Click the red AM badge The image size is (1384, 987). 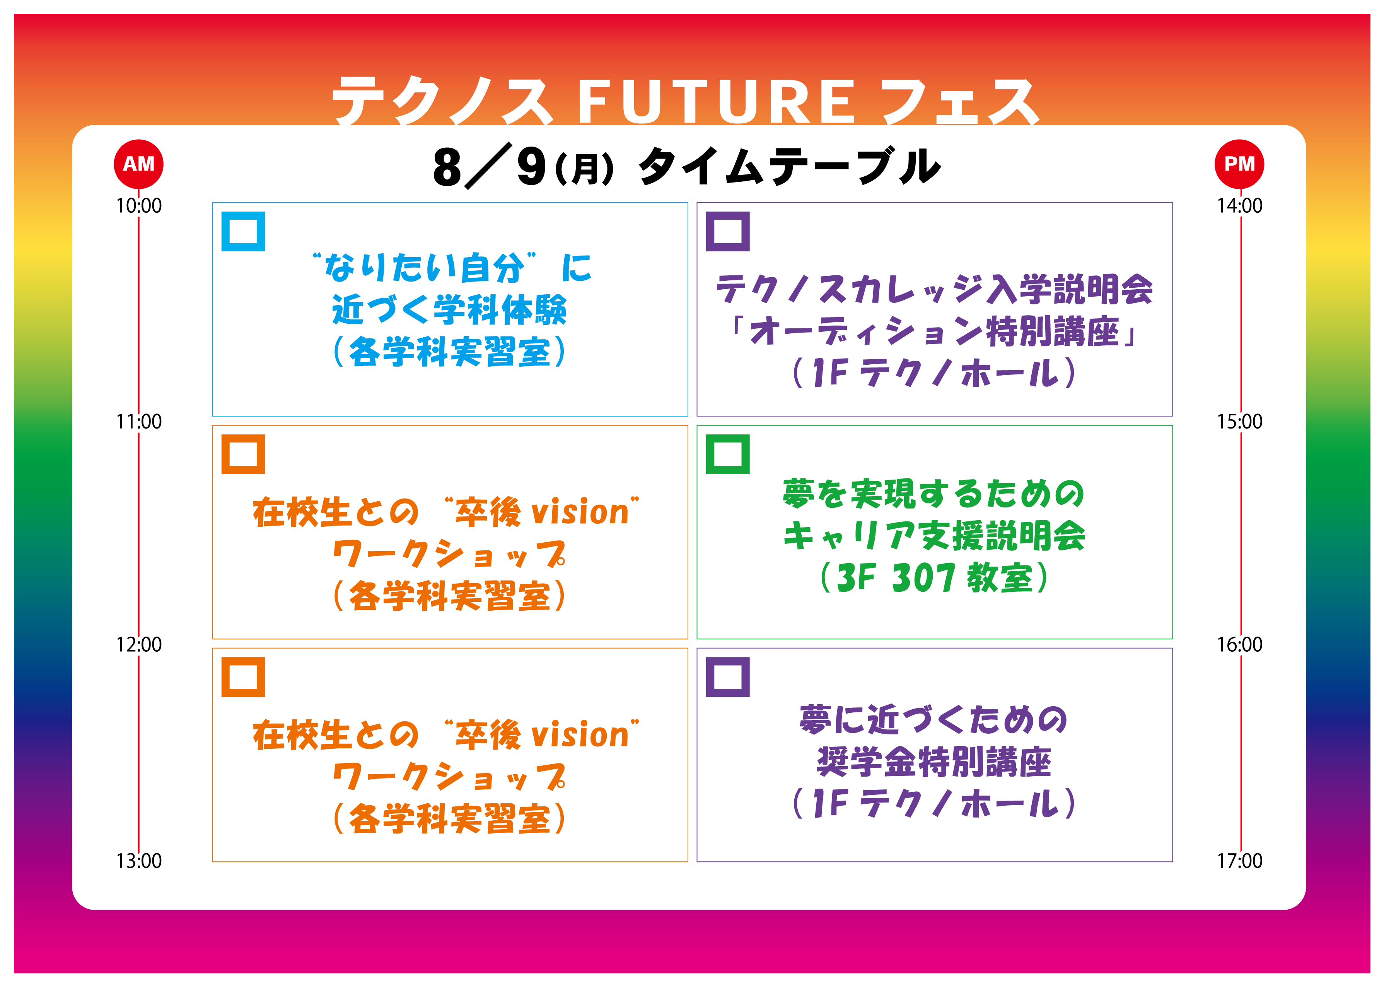138,164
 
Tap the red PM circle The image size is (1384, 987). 1239,164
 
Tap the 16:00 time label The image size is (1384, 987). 1239,644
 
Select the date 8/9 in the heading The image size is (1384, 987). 490,167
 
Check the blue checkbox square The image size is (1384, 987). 243,232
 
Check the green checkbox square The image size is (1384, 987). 728,454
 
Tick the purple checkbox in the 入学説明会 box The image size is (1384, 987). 728,232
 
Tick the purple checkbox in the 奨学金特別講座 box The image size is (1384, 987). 728,677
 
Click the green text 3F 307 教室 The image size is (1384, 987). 934,577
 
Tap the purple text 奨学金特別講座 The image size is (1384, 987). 934,762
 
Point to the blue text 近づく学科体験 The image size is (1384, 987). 450,310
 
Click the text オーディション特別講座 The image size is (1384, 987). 934,332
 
